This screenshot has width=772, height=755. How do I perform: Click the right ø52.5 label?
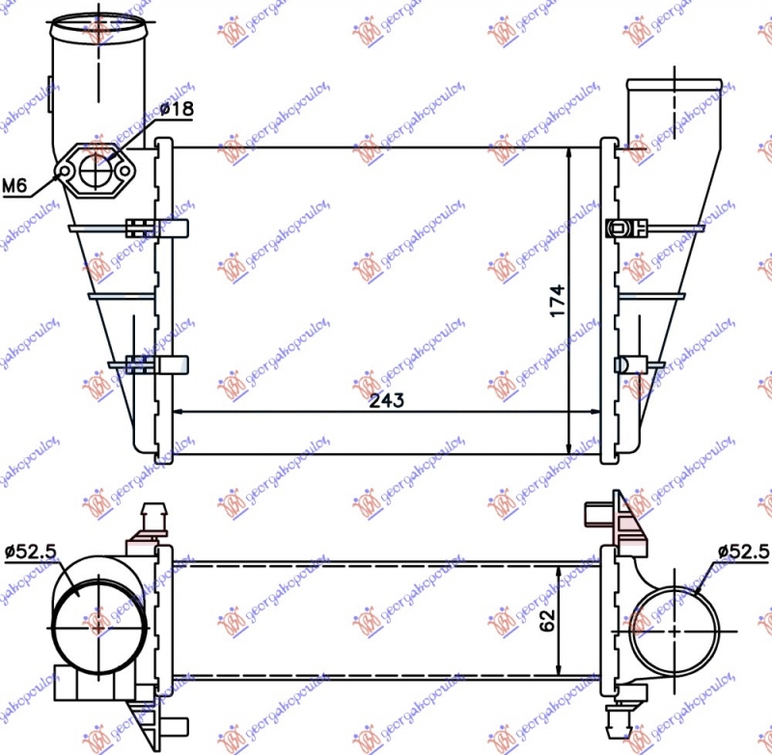[x=743, y=552]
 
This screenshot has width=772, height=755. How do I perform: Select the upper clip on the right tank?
[x=621, y=229]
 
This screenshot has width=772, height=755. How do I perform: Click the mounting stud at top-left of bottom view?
[x=152, y=517]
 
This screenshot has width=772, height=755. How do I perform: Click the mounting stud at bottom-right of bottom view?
[x=617, y=716]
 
